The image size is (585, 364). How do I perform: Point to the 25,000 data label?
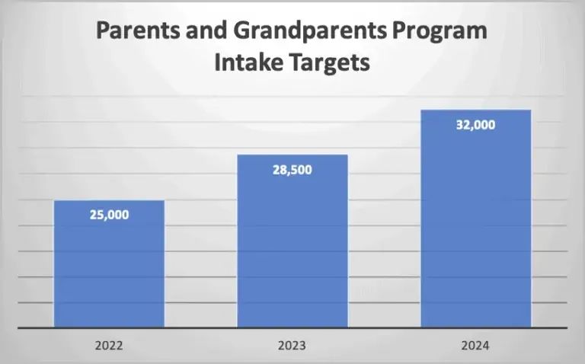click(x=109, y=215)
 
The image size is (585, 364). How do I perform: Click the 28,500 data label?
click(x=292, y=169)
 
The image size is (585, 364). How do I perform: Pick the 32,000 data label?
click(x=475, y=125)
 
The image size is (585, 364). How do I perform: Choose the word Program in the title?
click(x=443, y=33)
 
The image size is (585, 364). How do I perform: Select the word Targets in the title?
click(x=331, y=62)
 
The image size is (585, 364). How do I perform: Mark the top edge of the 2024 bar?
click(x=475, y=110)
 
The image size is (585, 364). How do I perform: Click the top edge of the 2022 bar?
click(x=109, y=201)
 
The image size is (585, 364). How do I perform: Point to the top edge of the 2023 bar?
click(x=292, y=155)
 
